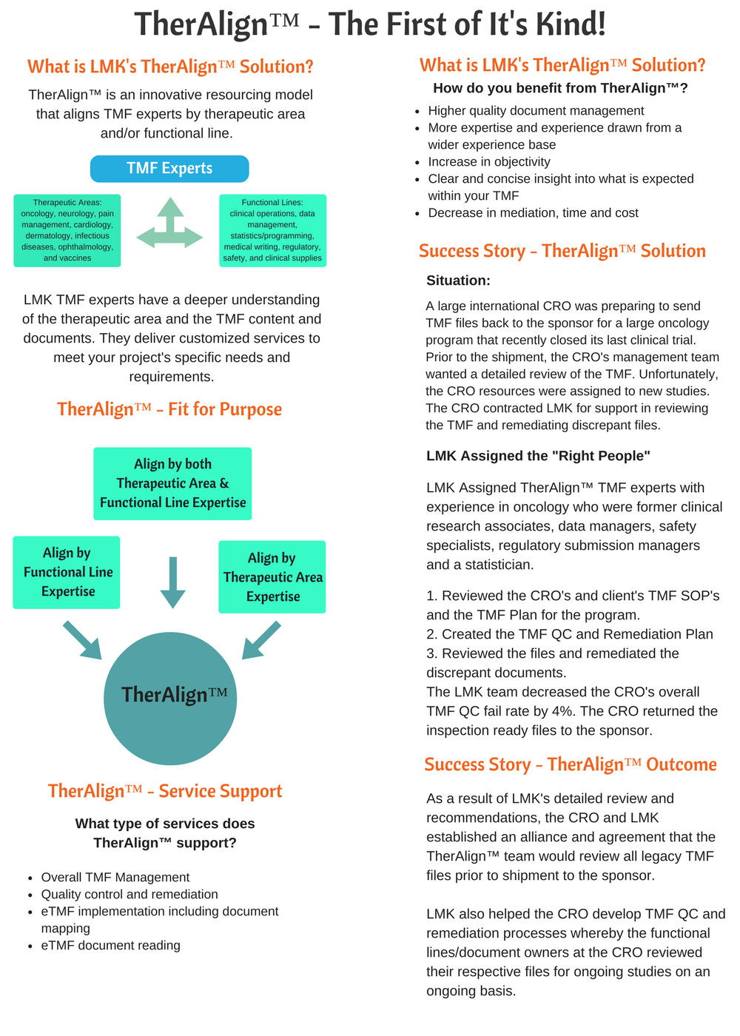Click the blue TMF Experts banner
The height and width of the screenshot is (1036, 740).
pyautogui.click(x=169, y=169)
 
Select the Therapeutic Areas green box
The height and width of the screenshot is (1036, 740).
pyautogui.click(x=67, y=230)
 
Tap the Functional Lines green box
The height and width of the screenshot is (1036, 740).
pyautogui.click(x=272, y=230)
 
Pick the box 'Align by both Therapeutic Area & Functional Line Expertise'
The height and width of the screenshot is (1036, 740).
pyautogui.click(x=172, y=483)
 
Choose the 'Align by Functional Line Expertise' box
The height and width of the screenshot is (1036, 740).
pyautogui.click(x=67, y=572)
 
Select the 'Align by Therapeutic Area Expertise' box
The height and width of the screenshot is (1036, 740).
pyautogui.click(x=272, y=577)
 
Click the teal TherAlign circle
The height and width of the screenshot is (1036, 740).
pyautogui.click(x=170, y=698)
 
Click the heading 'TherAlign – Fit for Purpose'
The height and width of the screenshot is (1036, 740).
pyautogui.click(x=169, y=409)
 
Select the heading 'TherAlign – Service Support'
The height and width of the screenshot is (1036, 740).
pyautogui.click(x=165, y=791)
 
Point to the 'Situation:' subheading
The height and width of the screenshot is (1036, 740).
pyautogui.click(x=458, y=280)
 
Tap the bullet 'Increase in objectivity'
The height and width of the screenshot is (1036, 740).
pyautogui.click(x=489, y=161)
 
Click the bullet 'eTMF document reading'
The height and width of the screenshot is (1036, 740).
pyautogui.click(x=111, y=945)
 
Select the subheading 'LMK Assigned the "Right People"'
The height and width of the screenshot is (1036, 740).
pyautogui.click(x=538, y=456)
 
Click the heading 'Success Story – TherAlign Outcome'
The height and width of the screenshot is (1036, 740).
pyautogui.click(x=571, y=764)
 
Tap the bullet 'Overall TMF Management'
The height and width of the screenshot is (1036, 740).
pyautogui.click(x=115, y=877)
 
